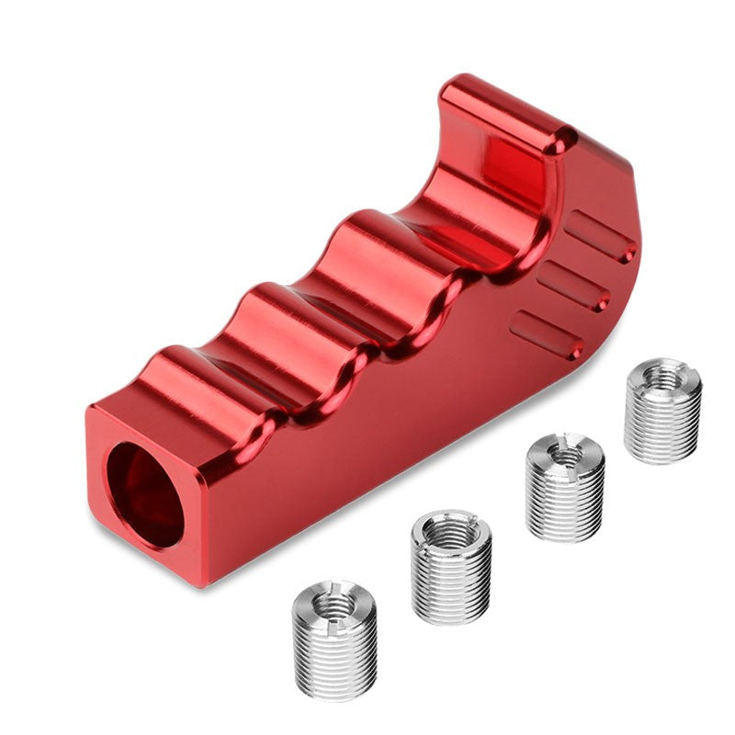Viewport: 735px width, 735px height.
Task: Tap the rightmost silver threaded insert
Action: [662, 410]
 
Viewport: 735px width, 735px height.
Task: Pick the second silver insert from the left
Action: [450, 565]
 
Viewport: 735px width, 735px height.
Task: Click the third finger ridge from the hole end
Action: [367, 243]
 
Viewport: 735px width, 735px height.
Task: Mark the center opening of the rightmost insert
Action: [662, 375]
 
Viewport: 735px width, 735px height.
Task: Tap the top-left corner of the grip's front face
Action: [92, 409]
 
